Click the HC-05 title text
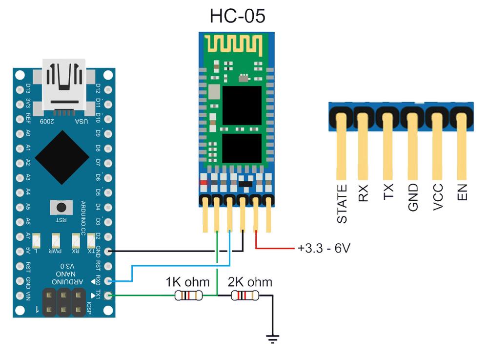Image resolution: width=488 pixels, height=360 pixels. click(x=237, y=16)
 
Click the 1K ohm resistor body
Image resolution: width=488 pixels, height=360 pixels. click(x=188, y=295)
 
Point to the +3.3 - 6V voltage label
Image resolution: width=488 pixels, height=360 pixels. click(x=324, y=248)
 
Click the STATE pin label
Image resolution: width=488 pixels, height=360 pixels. click(x=342, y=204)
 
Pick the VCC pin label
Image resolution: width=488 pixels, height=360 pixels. click(x=438, y=197)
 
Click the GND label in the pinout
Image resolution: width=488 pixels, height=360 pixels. click(x=413, y=197)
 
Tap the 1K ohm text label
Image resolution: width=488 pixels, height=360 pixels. click(x=187, y=282)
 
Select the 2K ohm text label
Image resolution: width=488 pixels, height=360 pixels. click(x=250, y=282)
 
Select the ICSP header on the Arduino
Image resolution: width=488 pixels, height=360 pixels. click(x=63, y=302)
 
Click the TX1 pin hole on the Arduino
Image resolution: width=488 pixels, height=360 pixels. click(x=108, y=295)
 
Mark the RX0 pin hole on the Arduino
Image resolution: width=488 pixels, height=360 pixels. click(x=108, y=281)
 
